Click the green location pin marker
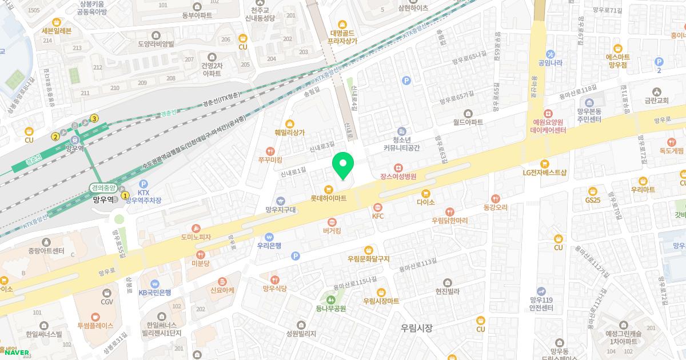pyautogui.click(x=343, y=165)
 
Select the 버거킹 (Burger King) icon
pyautogui.click(x=332, y=222)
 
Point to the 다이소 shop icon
pyautogui.click(x=425, y=193)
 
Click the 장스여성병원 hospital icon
pyautogui.click(x=398, y=167)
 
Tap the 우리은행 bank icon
pyautogui.click(x=269, y=237)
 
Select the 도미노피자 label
pyautogui.click(x=196, y=237)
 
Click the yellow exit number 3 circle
pyautogui.click(x=94, y=118)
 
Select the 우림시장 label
pyautogui.click(x=417, y=328)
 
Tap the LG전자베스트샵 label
pyautogui.click(x=544, y=172)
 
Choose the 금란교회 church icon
pyautogui.click(x=656, y=91)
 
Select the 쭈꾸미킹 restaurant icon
pyautogui.click(x=270, y=161)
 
